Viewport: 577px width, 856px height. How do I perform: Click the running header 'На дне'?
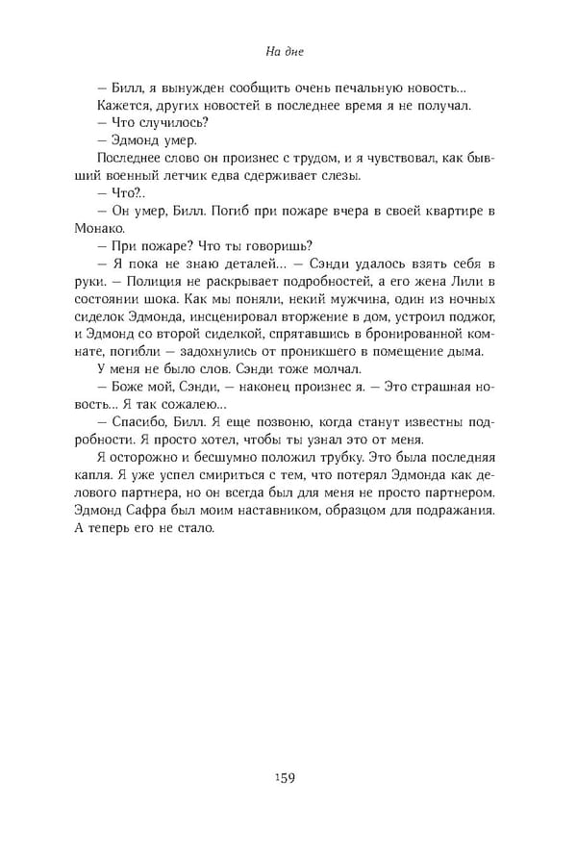(x=288, y=55)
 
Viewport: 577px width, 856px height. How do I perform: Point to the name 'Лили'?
(x=466, y=281)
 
